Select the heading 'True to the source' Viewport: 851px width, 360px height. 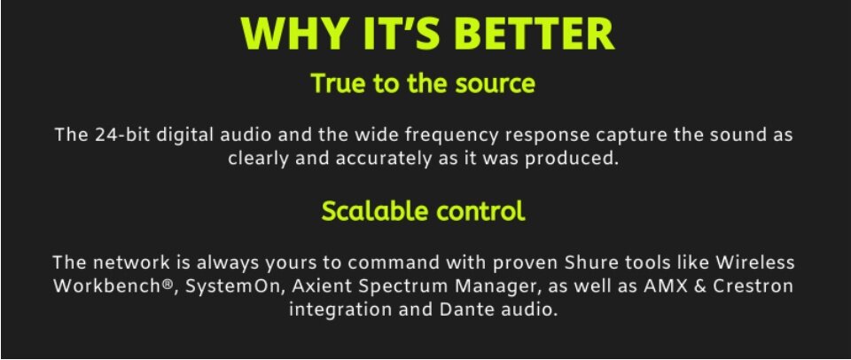423,83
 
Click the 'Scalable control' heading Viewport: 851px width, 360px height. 424,211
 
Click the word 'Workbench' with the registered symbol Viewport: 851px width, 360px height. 115,286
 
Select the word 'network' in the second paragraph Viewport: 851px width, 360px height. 131,262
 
